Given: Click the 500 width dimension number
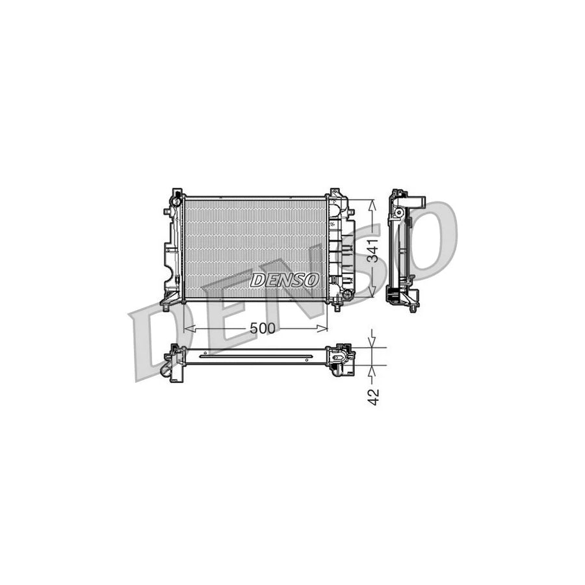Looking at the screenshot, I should [x=263, y=329].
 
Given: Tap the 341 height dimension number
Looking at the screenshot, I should [x=372, y=250].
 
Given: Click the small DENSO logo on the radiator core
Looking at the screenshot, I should [x=285, y=280].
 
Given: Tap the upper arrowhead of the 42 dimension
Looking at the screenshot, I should [x=372, y=343].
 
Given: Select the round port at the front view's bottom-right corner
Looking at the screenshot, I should [x=348, y=295].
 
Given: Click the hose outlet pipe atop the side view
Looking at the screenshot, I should [x=416, y=202].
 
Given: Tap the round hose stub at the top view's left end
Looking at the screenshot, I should [x=166, y=371].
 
